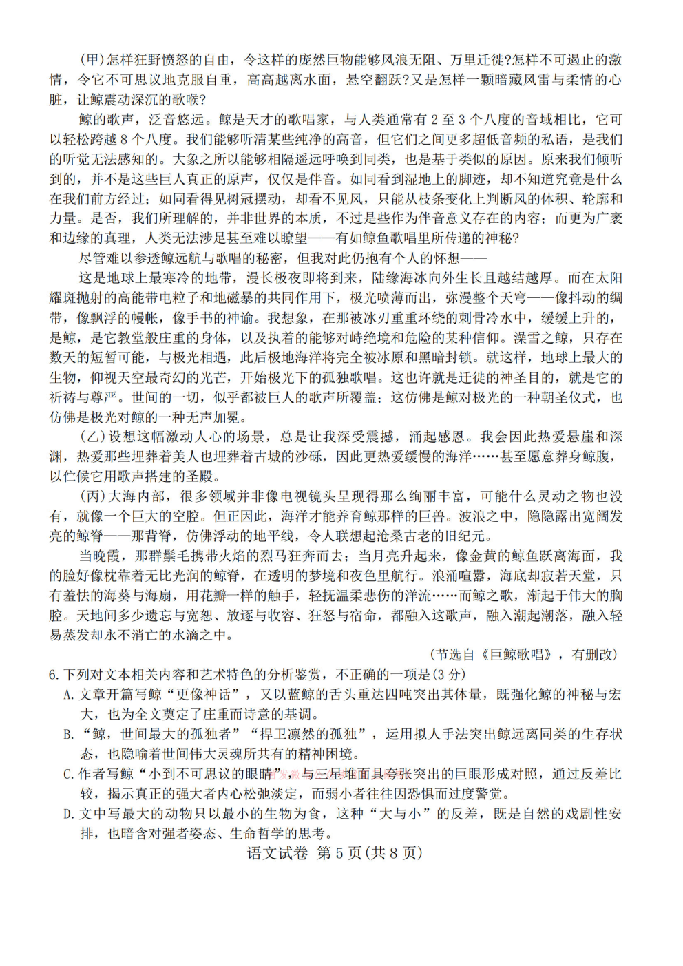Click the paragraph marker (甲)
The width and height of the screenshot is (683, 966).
click(x=92, y=60)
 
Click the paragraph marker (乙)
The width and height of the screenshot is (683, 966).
click(x=92, y=437)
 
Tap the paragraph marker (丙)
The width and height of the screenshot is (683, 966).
click(x=92, y=496)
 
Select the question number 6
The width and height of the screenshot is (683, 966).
click(x=53, y=675)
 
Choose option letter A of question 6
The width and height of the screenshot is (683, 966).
click(x=68, y=695)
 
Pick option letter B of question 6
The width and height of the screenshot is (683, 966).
click(x=68, y=735)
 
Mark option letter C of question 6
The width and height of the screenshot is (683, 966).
click(x=68, y=775)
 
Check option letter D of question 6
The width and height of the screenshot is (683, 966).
click(x=68, y=814)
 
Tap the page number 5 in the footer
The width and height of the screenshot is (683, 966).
click(x=338, y=853)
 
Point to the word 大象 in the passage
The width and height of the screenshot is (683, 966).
click(x=185, y=160)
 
